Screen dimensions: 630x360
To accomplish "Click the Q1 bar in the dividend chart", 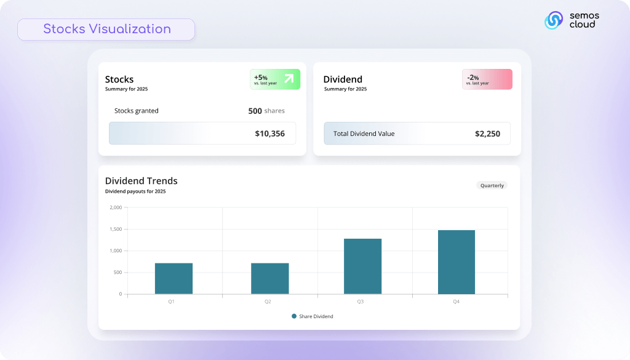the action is pos(173,278).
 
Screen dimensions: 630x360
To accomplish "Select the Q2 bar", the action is pos(269,278).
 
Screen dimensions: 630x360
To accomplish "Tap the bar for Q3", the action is pos(362,266).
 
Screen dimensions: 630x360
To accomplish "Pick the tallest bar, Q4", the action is pos(457,262).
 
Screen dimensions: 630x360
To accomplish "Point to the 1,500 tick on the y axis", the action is pos(116,229).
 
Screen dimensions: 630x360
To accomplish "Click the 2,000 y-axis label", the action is pos(116,207).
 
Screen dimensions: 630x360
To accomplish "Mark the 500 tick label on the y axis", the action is pos(118,273).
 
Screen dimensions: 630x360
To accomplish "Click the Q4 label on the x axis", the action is pos(456,302).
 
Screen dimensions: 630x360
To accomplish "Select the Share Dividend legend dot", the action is pos(294,316).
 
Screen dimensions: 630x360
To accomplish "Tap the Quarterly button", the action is pos(492,186).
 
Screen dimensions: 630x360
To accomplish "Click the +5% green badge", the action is pos(275,79).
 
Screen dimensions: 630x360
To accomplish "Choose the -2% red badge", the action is pos(487,79).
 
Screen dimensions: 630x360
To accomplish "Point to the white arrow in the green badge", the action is pos(289,78).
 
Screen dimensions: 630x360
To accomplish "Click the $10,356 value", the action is pos(270,134).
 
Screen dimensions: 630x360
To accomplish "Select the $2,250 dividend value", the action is pos(487,134).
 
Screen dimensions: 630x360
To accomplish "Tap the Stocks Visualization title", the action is pos(107,29).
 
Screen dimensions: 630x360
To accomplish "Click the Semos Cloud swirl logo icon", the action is pos(554,20).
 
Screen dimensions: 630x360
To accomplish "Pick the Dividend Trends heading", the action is pos(142,181).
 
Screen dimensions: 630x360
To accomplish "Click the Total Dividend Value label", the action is pos(364,134).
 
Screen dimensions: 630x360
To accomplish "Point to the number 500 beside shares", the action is pos(255,111).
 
